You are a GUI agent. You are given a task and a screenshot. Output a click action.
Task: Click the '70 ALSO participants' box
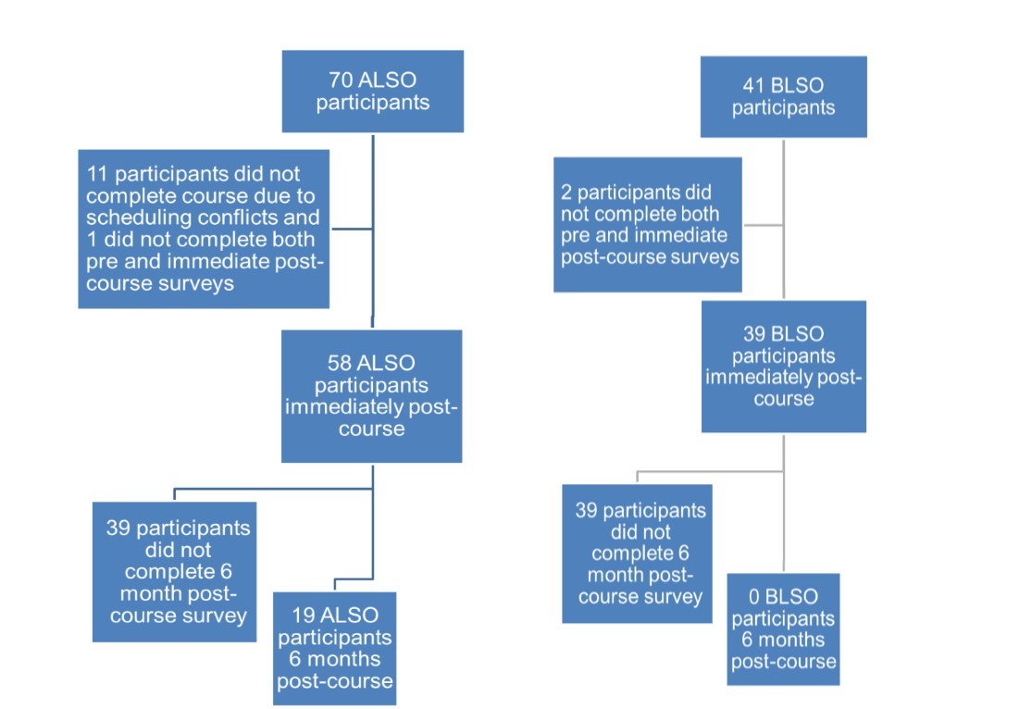click(x=372, y=91)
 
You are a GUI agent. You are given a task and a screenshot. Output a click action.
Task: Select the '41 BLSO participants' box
click(x=783, y=96)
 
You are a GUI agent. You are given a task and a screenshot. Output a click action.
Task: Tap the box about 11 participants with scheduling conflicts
click(x=204, y=228)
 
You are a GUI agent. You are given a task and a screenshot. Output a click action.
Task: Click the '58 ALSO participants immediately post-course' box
click(x=371, y=396)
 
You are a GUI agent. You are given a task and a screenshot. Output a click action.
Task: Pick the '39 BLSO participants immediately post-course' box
click(x=783, y=367)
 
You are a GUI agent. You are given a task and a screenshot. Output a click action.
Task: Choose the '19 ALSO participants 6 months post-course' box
click(x=335, y=648)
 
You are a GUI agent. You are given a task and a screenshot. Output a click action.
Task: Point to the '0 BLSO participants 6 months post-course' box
click(x=783, y=629)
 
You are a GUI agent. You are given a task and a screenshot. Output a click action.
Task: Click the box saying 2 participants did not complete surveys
click(x=648, y=224)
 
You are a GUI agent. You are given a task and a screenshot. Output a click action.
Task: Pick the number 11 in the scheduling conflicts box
click(x=97, y=174)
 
